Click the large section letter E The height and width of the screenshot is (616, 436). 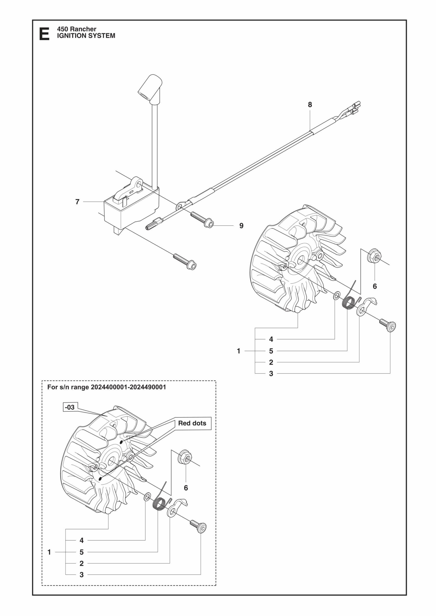44,34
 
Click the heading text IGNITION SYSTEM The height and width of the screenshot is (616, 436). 86,36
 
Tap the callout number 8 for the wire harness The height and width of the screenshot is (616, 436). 310,105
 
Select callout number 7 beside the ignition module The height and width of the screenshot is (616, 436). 77,202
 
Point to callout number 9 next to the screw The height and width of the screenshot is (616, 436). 241,226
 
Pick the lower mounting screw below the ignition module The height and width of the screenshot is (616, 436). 185,262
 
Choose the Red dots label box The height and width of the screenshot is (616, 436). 192,423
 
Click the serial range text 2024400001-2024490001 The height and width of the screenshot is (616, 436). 128,387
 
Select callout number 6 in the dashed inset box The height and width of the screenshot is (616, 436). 186,488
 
